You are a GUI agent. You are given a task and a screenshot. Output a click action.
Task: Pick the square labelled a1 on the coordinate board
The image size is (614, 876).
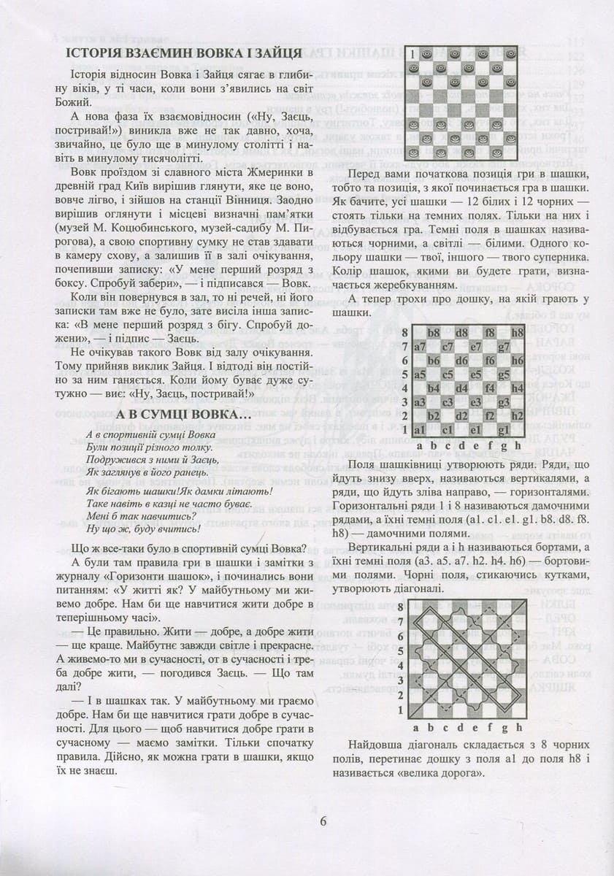tap(420, 430)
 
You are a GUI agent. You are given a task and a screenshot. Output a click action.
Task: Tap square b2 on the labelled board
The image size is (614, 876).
tap(434, 416)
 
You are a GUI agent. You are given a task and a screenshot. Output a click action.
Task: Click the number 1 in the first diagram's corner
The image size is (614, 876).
tap(413, 53)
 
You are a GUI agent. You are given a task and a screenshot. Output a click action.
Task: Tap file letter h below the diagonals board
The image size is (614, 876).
tap(519, 727)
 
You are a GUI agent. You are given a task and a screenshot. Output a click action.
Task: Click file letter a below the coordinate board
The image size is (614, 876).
tap(419, 445)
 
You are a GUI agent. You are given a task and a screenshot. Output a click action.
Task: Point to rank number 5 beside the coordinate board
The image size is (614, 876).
tap(405, 375)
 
